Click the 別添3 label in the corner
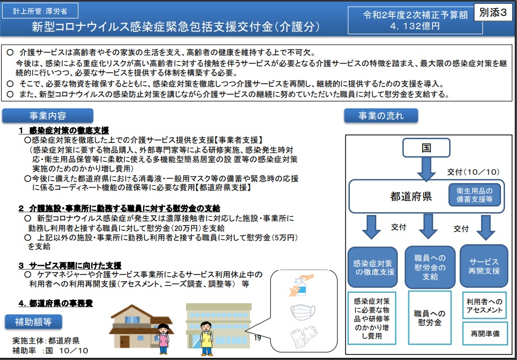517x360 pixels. click(x=493, y=13)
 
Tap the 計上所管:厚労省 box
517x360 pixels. click(x=40, y=11)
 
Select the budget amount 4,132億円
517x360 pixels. click(x=415, y=26)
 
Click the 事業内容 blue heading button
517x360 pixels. click(x=48, y=116)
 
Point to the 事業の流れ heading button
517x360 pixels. click(x=381, y=116)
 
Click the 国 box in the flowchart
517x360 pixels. click(x=426, y=148)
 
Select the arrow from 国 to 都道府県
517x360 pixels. click(x=426, y=169)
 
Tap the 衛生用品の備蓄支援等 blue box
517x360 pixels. click(x=475, y=195)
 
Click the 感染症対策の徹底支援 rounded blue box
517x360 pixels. click(x=372, y=267)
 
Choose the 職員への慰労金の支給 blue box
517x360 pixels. click(x=430, y=267)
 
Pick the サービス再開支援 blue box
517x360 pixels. click(x=484, y=266)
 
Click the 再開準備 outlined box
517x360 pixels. click(x=484, y=334)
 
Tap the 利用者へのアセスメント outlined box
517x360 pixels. click(x=484, y=305)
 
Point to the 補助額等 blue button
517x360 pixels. click(x=33, y=322)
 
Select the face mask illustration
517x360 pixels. click(x=303, y=312)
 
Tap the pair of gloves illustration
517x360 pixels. click(x=303, y=336)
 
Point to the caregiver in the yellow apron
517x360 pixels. click(x=206, y=338)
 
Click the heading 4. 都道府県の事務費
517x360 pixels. click(x=55, y=303)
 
